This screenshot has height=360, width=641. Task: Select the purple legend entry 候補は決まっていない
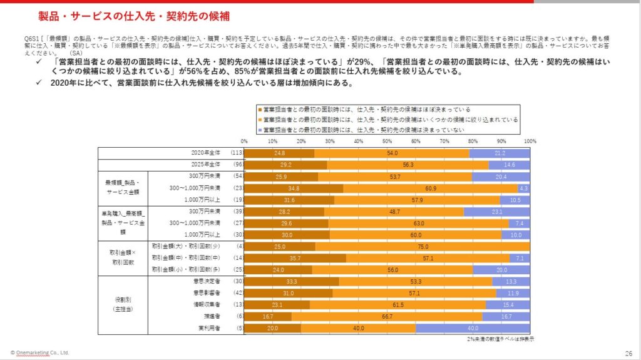[x=363, y=130]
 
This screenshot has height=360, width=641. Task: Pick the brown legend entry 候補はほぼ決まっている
[x=366, y=109]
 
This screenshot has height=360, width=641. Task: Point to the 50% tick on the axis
[x=387, y=141]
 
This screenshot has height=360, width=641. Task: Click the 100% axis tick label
[x=530, y=141]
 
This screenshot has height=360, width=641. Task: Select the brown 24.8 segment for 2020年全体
[x=279, y=153]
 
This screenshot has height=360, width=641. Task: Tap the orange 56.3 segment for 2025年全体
[x=408, y=165]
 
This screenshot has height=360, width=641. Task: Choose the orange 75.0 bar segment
[x=423, y=246]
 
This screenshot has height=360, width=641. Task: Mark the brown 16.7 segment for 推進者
[x=267, y=316]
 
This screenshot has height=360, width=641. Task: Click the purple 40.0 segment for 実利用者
[x=473, y=328]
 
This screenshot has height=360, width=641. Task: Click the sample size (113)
[x=237, y=153]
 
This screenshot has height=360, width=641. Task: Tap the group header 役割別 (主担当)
[x=123, y=304]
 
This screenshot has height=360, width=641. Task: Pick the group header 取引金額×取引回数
[x=123, y=257]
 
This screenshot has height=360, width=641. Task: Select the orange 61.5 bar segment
[x=397, y=304]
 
